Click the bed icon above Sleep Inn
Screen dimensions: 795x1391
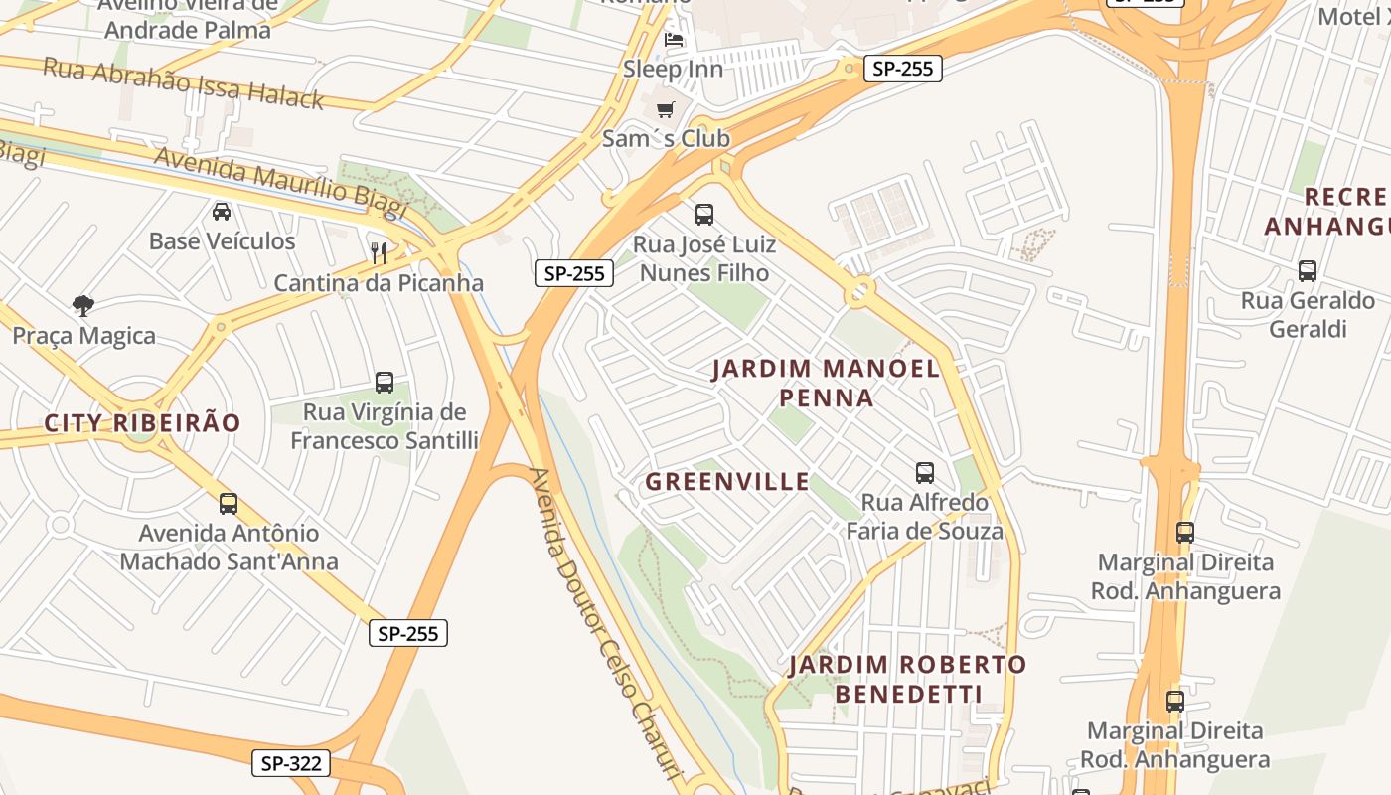pos(674,41)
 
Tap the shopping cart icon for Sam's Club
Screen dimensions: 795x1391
pos(665,109)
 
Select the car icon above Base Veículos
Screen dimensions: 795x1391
pos(222,212)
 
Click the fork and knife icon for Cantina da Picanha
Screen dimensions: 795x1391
pos(379,252)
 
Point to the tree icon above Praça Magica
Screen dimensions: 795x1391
pos(83,306)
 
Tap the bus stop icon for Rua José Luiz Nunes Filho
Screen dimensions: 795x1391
pos(704,214)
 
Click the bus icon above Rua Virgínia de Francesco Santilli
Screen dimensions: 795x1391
pos(385,382)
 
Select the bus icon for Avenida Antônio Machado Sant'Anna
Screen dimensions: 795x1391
pos(229,504)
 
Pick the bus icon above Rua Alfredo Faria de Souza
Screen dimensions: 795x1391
pos(925,472)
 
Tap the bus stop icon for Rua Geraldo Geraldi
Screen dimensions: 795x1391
pos(1308,270)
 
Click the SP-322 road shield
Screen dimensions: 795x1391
pos(290,763)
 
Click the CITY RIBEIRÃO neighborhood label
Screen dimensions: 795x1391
pos(142,423)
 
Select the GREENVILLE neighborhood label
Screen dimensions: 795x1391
pos(727,482)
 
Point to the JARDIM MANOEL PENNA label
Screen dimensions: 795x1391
pos(826,384)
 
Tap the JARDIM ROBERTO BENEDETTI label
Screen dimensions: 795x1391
pos(908,679)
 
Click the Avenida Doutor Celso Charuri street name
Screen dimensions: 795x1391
pos(605,626)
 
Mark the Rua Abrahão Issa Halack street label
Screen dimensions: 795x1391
pos(183,82)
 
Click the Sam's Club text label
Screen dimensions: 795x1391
pos(666,139)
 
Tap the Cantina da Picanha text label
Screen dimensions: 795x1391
pos(379,283)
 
